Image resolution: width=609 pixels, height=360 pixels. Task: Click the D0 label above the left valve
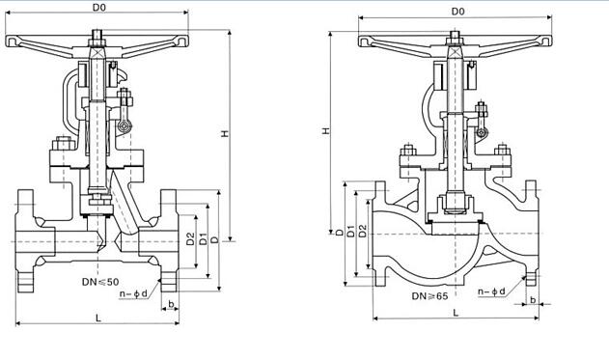coord(99,7)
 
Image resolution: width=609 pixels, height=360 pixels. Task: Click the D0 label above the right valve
coord(457,12)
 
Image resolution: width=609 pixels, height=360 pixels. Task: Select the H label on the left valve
coord(225,133)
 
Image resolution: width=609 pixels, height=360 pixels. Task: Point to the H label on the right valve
coord(326,130)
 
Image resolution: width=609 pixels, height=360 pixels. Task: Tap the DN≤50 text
coord(100,282)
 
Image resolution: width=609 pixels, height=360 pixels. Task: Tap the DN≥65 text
coord(429,296)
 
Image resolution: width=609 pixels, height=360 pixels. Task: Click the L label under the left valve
coord(98,318)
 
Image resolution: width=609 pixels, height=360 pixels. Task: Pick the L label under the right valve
coord(456,313)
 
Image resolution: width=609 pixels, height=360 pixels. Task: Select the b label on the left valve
coord(171,304)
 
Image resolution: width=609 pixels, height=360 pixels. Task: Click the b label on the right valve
coord(533,300)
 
